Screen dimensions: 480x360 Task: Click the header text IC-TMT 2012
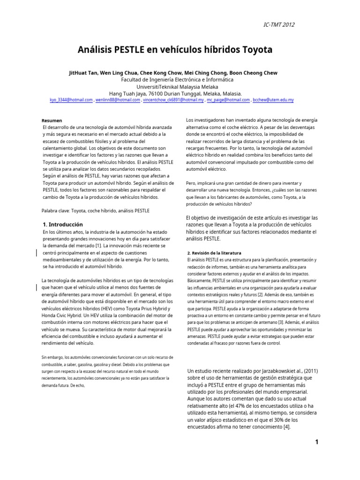coord(279,25)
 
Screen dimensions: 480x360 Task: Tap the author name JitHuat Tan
coord(84,73)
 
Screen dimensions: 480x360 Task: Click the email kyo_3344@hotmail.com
coord(71,100)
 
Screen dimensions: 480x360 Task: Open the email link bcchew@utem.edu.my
coord(273,100)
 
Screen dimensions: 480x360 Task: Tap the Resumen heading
coord(52,120)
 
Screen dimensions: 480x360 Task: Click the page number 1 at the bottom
coord(317,442)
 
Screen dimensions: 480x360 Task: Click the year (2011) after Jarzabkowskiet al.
coord(307,371)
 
